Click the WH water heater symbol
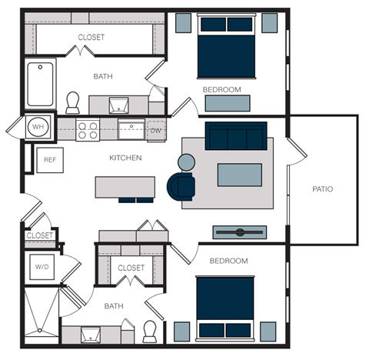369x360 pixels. click(37, 126)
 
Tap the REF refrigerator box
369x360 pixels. click(50, 160)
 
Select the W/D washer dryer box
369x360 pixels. click(41, 267)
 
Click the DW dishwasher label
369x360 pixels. click(156, 130)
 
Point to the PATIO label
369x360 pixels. click(323, 188)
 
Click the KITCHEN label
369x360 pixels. click(125, 158)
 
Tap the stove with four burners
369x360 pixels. click(88, 128)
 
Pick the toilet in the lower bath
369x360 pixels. click(151, 331)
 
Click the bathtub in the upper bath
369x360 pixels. click(38, 85)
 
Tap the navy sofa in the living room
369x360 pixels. click(235, 136)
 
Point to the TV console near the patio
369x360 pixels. click(239, 232)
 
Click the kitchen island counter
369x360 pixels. click(125, 188)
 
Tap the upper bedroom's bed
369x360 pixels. click(227, 46)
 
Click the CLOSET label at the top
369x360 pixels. click(91, 36)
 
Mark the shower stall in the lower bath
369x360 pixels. click(42, 314)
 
